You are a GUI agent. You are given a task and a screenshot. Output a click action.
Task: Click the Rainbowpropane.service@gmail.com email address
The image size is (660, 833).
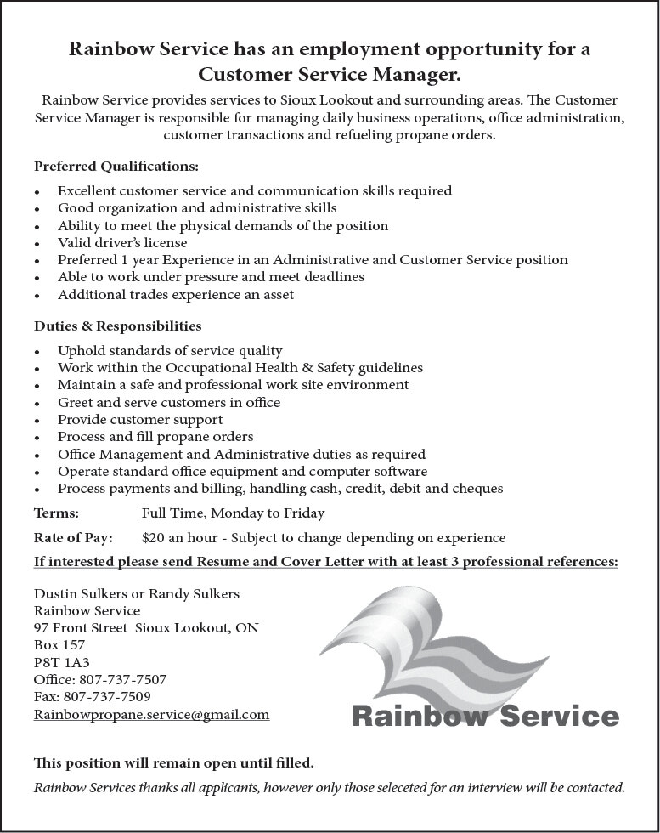point(151,715)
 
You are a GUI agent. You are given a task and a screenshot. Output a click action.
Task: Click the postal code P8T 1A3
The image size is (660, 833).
point(61,663)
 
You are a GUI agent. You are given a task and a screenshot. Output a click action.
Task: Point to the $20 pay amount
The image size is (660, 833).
point(153,538)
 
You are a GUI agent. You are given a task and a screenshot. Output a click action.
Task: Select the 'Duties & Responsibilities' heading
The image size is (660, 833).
point(117,326)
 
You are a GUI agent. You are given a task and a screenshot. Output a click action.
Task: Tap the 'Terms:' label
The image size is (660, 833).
point(56,513)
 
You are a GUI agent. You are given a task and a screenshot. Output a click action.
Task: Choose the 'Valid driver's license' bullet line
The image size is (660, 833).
point(122,243)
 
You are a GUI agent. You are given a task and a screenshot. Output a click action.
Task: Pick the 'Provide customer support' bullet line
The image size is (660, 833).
point(140,420)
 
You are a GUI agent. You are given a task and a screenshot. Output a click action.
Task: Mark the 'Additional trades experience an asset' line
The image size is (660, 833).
point(176,295)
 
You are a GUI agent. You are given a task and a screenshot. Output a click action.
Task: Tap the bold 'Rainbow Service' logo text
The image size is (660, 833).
point(485,716)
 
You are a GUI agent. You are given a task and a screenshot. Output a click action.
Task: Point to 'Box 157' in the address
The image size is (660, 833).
point(59,645)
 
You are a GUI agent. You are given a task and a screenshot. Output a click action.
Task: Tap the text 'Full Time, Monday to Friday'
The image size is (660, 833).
point(233,513)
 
